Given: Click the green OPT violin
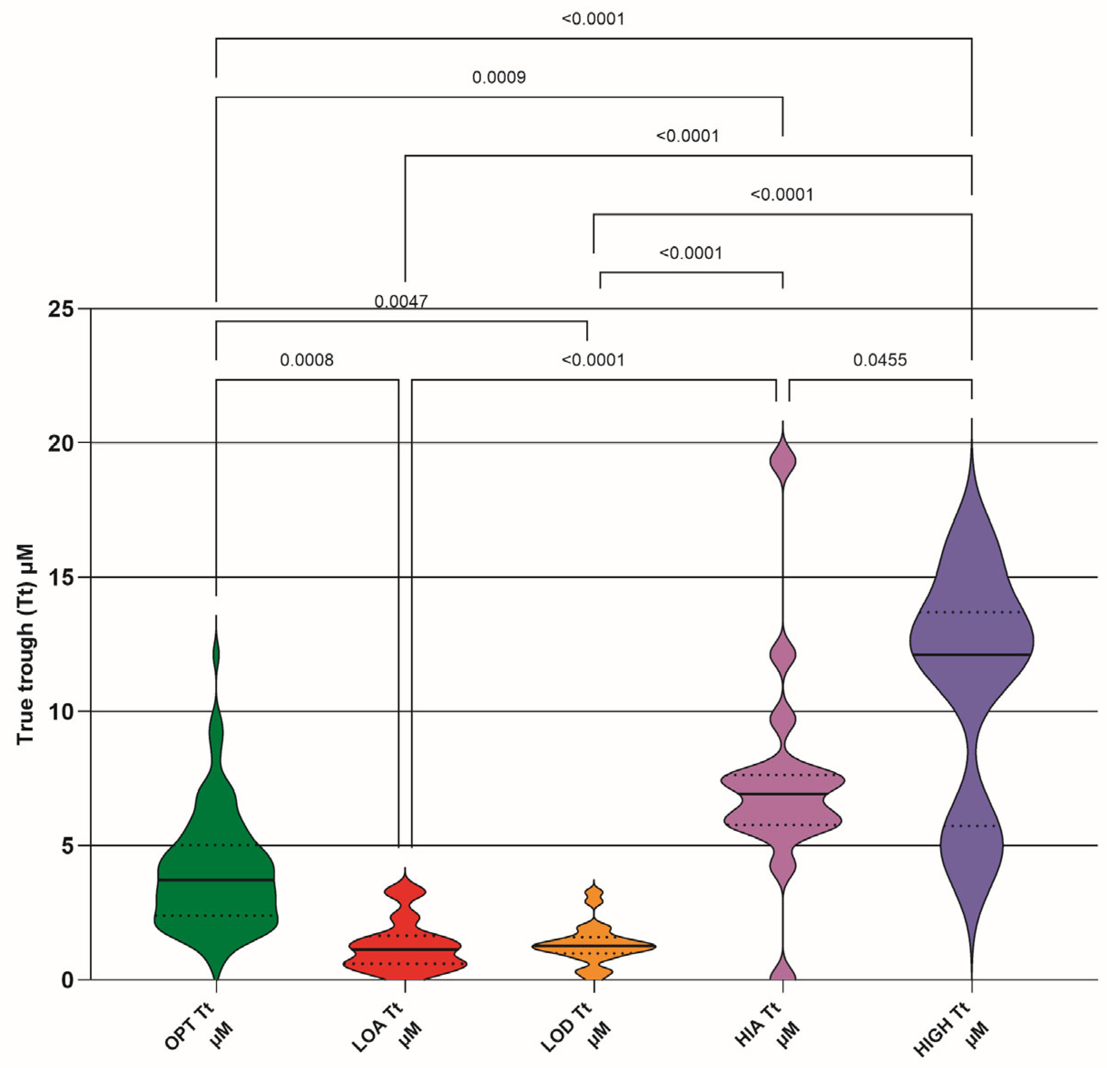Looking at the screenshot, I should [216, 847].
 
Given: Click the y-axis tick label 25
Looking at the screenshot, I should [60, 310].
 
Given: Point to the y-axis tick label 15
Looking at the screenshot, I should [60, 577].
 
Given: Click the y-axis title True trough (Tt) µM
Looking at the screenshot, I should [25, 644].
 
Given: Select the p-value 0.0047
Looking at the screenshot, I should [401, 302].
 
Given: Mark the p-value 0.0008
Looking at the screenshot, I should [307, 360].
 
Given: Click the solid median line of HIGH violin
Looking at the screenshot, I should [971, 655].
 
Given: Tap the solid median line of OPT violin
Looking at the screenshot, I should [216, 880].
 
